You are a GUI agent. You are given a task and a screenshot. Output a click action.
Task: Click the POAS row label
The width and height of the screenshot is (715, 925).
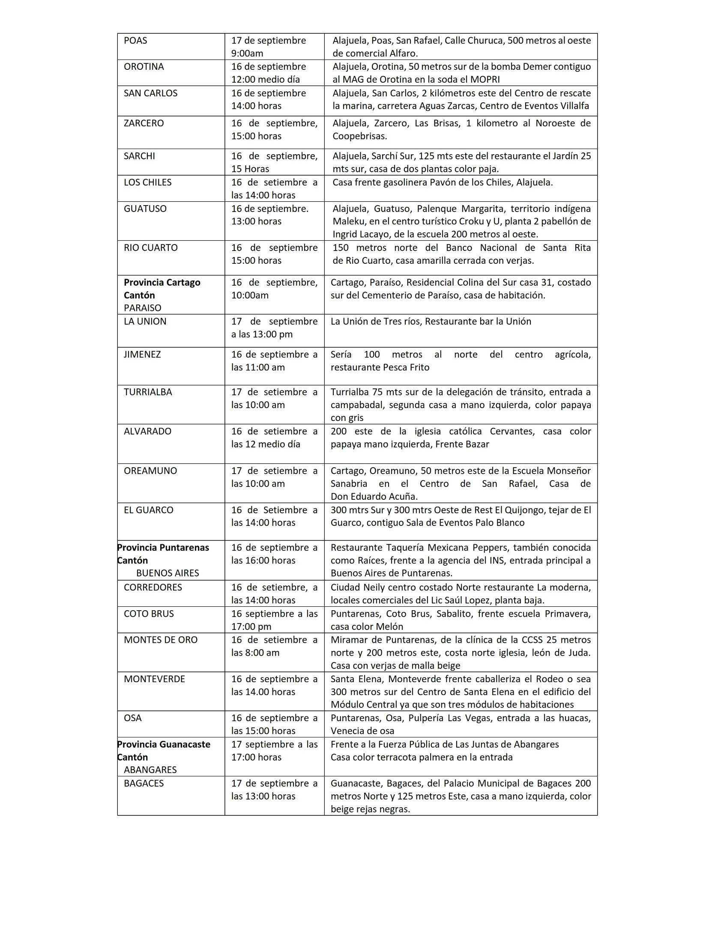coord(135,41)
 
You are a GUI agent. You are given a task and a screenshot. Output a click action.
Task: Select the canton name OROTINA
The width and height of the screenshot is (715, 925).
coord(144,67)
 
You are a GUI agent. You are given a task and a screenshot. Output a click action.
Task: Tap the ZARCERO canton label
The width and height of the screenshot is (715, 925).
coord(144,123)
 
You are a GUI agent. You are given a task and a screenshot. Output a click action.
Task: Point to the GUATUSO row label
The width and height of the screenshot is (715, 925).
coord(145,209)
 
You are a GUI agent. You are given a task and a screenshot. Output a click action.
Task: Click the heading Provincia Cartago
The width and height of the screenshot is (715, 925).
coord(162,283)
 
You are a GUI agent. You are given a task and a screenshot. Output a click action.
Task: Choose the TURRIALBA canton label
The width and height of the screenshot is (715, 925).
coord(148,392)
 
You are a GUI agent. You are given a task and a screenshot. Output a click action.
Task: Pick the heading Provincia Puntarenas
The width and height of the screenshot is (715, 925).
coord(163,548)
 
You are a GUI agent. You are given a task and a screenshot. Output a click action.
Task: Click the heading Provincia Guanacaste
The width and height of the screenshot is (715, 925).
coord(164,744)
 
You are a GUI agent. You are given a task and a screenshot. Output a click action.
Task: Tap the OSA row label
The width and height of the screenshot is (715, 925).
coord(132,718)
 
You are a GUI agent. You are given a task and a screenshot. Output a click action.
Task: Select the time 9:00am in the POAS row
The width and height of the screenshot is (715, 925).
coord(247,54)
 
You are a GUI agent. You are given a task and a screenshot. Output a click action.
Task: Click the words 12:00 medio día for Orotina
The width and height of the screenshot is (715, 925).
coord(266,80)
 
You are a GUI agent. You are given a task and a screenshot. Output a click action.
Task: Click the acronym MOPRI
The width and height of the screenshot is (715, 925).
coord(485,80)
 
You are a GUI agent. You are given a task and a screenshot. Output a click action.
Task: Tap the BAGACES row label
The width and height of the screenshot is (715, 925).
coord(144,783)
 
